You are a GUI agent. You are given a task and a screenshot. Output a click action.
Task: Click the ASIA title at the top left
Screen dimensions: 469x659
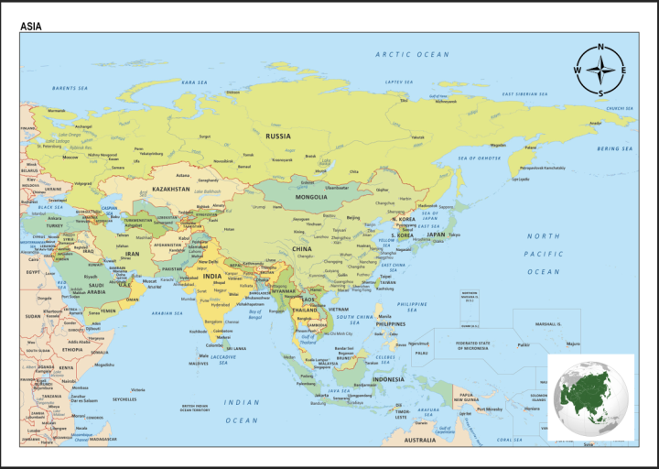[31, 27]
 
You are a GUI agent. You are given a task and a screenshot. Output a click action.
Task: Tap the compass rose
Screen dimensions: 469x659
[600, 70]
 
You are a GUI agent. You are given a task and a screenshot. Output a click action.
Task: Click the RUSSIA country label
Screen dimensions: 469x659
[278, 136]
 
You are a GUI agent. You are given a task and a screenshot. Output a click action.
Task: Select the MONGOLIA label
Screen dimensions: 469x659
[311, 196]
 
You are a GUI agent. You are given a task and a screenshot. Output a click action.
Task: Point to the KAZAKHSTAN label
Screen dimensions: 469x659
[171, 189]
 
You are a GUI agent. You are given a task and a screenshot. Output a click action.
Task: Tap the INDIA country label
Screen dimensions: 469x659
[211, 276]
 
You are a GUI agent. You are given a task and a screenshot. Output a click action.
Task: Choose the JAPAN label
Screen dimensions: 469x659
[436, 234]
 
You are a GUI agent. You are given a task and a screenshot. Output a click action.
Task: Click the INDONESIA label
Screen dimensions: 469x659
[388, 378]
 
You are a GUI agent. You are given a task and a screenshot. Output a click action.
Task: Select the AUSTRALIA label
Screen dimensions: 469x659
[420, 440]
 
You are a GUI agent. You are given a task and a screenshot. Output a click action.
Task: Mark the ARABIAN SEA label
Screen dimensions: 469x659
[167, 312]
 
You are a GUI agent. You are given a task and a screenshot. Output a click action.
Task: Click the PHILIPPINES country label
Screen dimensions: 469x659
[390, 323]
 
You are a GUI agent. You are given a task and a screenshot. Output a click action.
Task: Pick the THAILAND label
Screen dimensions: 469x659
[305, 310]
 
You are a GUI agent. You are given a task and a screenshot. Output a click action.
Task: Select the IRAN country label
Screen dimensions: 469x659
[133, 253]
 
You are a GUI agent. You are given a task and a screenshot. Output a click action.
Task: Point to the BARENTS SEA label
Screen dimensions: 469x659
[70, 88]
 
